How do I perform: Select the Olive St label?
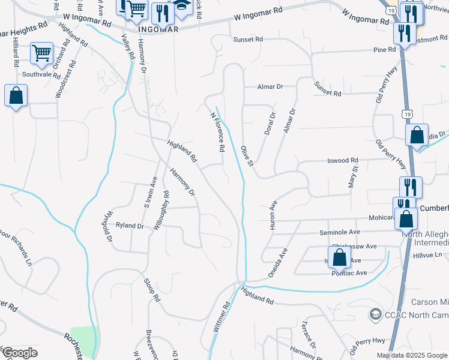coord(247,155)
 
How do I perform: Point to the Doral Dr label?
coord(270,124)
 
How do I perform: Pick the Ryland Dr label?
coord(131,226)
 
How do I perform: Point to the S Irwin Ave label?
coord(150,192)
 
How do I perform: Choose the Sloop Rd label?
coord(152,290)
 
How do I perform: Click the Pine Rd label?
coord(384,50)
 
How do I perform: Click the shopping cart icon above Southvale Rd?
coord(42,53)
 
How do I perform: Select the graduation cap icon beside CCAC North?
coord(375,314)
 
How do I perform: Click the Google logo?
coord(19,353)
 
